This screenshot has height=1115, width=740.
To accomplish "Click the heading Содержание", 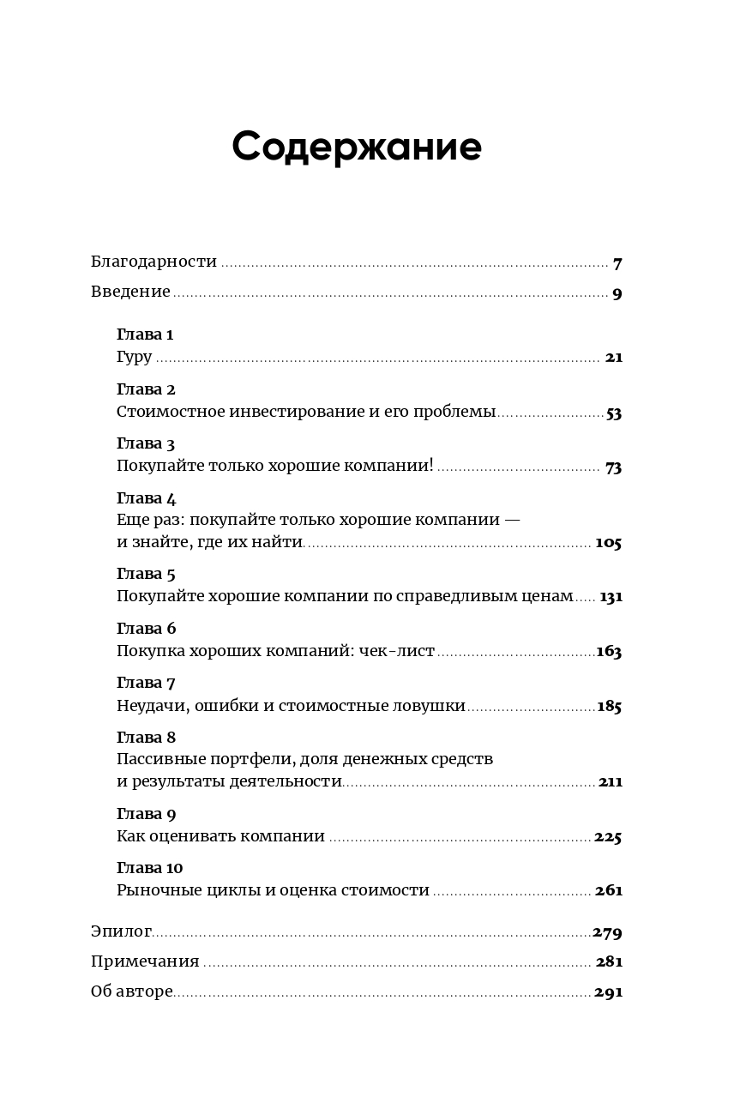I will [357, 147].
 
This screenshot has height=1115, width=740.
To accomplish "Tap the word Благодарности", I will [153, 262].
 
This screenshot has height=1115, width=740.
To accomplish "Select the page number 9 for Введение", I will [617, 293].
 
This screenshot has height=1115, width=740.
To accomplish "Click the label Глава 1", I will [145, 334].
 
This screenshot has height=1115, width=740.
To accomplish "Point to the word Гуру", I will [134, 357].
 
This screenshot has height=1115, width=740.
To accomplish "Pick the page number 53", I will [614, 413].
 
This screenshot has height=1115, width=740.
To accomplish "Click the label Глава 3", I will [146, 443].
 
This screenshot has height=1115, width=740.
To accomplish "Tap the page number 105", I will [608, 543].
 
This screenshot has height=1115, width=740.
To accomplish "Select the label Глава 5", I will [146, 574].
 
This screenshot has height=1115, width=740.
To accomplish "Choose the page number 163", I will [609, 651].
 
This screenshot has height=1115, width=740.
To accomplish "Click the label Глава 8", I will [146, 738].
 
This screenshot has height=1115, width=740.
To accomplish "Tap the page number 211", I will [611, 782].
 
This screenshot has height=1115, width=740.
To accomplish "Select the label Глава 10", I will [149, 867].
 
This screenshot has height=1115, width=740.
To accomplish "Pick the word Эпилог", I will [121, 931].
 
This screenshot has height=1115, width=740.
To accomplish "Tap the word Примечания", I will [145, 961].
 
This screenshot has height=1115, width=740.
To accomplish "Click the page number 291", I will [608, 992].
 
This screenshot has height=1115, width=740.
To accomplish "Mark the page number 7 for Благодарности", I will [617, 263].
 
